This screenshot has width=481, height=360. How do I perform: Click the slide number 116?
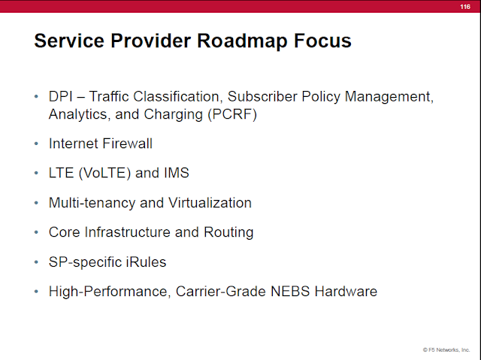tap(465, 7)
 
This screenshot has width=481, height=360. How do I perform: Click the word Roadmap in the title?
tap(242, 41)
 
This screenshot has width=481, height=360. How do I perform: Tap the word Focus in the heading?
tap(322, 41)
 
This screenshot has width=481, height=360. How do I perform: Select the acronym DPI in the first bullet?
tap(61, 97)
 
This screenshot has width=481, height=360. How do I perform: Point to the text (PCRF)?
tap(232, 114)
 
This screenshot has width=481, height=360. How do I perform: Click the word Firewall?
tap(127, 144)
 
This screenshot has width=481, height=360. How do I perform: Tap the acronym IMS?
tap(177, 173)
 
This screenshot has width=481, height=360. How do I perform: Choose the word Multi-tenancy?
tap(92, 203)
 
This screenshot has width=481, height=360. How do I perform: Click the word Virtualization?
tap(210, 203)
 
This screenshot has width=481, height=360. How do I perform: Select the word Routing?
tap(228, 232)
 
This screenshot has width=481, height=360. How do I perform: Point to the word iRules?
tap(146, 262)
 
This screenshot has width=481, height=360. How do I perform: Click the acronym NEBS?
tap(290, 292)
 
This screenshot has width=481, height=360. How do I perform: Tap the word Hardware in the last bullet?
tap(346, 292)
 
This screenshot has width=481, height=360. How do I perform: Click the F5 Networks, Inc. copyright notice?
tap(446, 350)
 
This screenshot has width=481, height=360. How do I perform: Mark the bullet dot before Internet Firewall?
tap(36, 144)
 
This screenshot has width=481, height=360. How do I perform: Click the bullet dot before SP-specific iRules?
tap(36, 262)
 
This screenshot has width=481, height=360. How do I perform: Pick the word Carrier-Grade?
tap(221, 292)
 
